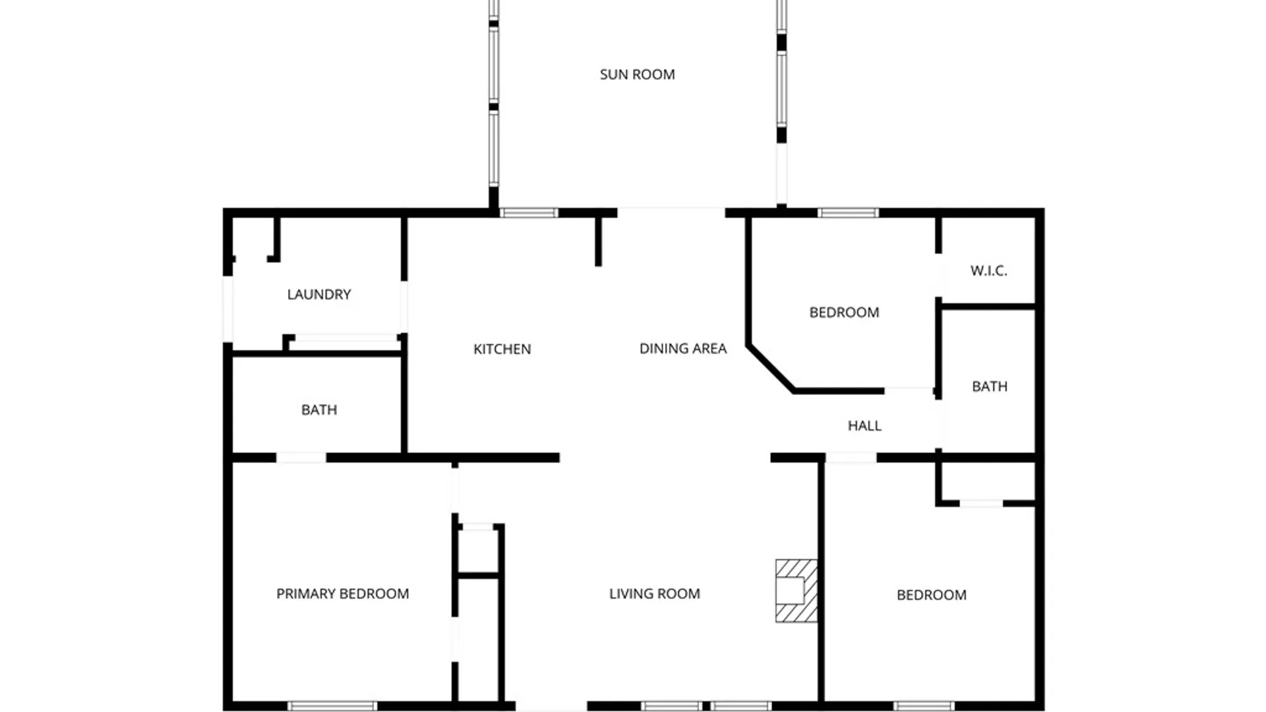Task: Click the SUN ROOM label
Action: point(637,74)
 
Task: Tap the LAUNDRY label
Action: point(318,294)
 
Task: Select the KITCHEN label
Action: point(502,349)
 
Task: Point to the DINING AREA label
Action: point(682,348)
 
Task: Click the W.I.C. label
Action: point(988,270)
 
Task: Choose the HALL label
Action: point(864,426)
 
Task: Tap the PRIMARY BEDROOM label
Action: point(342,593)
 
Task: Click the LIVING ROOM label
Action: point(654,593)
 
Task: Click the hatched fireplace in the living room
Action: point(797,591)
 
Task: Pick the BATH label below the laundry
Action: point(318,409)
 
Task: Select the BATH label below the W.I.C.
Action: point(989,386)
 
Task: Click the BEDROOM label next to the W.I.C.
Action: point(844,312)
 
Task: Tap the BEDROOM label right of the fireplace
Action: point(931,595)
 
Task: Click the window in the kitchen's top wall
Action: point(529,213)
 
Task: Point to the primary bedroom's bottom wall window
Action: point(332,706)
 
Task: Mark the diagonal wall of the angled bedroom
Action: point(770,368)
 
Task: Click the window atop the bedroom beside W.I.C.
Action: point(848,213)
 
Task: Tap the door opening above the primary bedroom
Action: point(301,458)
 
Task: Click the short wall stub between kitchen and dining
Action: point(598,241)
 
